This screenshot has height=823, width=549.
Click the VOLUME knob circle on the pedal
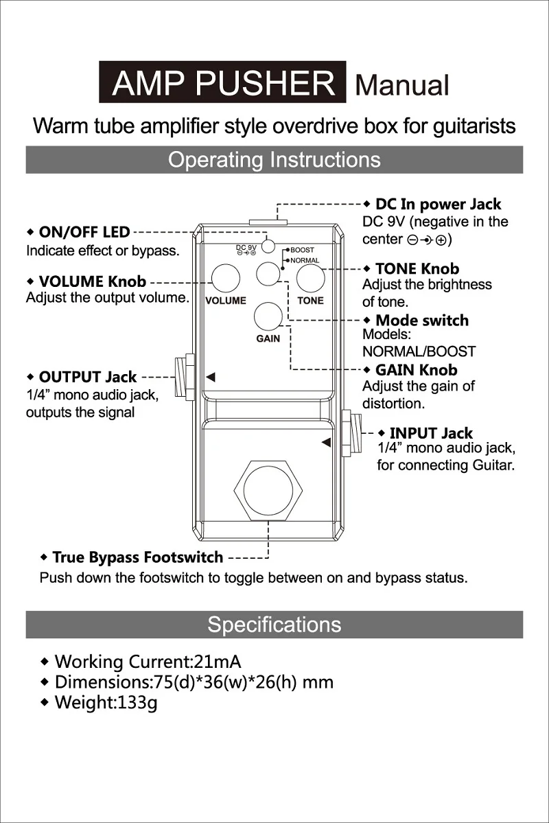click(226, 279)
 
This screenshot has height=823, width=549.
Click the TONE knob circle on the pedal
click(310, 279)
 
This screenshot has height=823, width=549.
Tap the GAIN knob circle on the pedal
click(268, 316)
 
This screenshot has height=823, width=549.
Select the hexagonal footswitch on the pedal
click(268, 489)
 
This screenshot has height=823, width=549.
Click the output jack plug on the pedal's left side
click(185, 378)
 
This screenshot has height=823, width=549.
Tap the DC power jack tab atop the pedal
click(268, 221)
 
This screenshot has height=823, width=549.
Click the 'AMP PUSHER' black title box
click(222, 83)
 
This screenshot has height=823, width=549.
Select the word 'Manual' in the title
click(402, 85)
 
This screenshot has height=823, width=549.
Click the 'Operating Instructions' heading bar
click(274, 160)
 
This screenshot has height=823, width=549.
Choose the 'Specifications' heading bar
click(274, 625)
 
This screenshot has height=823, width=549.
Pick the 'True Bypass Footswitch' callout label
click(137, 557)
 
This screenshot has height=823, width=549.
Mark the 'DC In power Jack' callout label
click(438, 205)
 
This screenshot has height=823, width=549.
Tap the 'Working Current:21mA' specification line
click(147, 662)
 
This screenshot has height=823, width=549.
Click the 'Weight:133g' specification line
click(106, 703)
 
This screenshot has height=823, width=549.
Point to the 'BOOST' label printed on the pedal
click(302, 251)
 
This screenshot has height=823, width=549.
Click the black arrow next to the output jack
click(211, 377)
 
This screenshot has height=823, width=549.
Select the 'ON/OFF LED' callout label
click(84, 232)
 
